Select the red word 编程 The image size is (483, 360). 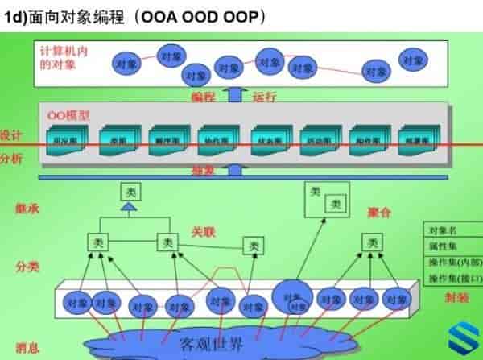pos(204,97)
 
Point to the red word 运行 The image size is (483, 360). pos(265,97)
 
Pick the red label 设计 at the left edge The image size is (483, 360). pos(11,135)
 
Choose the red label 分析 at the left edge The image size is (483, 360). pos(11,159)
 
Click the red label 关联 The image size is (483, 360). pos(204,230)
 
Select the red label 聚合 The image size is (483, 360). pos(378,213)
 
